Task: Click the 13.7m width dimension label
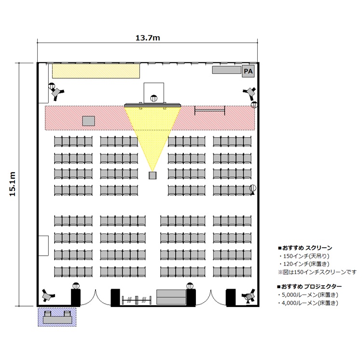(x=148, y=38)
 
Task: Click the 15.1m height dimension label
(x=12, y=184)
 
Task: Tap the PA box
(x=248, y=71)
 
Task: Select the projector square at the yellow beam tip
(x=153, y=176)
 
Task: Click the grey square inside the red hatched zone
(x=89, y=121)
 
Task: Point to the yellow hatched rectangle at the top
(x=96, y=71)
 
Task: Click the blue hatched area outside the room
(x=57, y=317)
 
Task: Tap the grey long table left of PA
(x=226, y=70)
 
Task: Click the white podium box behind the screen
(x=154, y=93)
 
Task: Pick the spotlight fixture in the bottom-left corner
(x=48, y=295)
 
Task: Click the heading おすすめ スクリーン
(x=305, y=248)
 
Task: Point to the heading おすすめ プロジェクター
(x=309, y=287)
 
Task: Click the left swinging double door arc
(x=96, y=298)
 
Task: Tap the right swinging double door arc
(x=211, y=298)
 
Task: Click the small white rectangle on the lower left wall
(x=43, y=246)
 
